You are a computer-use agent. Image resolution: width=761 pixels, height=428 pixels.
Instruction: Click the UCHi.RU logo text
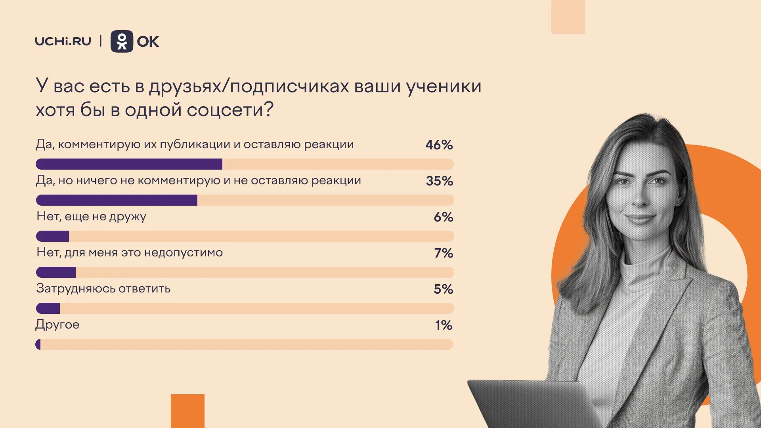[63, 41]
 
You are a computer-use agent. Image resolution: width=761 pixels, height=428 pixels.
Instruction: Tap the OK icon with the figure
[122, 41]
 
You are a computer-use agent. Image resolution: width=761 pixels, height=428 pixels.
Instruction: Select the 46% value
[439, 145]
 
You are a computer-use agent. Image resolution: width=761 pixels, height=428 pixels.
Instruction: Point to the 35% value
[440, 181]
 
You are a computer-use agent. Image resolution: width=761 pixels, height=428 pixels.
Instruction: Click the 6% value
[444, 217]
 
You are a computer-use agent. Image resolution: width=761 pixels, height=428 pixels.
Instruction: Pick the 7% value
[444, 253]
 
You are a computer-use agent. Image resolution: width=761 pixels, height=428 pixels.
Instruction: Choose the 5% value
[444, 289]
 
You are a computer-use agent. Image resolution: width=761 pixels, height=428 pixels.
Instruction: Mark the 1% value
[444, 325]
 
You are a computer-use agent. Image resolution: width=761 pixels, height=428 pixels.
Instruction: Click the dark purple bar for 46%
[129, 164]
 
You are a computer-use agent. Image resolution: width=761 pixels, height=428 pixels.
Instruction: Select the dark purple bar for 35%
[117, 200]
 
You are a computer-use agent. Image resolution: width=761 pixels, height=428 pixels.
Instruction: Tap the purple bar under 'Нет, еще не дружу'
[52, 236]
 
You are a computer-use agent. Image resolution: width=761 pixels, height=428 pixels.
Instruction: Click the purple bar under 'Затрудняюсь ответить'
[48, 308]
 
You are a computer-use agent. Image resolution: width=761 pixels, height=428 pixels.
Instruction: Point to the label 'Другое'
[57, 325]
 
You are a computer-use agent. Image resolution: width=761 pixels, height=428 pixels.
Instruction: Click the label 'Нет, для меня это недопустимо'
[130, 252]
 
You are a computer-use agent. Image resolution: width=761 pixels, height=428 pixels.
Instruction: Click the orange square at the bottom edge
[187, 411]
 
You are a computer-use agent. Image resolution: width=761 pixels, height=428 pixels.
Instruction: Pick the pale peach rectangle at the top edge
[568, 17]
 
